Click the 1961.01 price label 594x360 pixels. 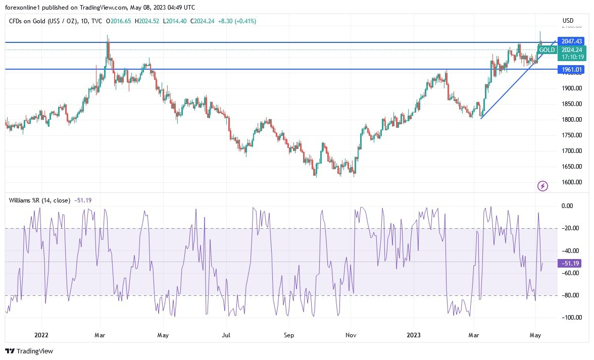[570, 69]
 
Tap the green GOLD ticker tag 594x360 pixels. [547, 49]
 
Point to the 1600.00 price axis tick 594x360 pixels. [572, 182]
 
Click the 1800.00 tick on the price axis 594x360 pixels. [572, 120]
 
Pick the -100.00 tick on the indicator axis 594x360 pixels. [569, 318]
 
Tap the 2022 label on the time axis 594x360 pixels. [41, 335]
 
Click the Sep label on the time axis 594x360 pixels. [289, 335]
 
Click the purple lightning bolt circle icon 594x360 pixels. [542, 186]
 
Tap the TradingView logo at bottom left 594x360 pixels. [29, 351]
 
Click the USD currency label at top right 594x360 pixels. [568, 21]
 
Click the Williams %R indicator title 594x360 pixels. [39, 200]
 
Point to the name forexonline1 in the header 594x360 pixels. [24, 7]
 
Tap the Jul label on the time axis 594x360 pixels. [226, 335]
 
